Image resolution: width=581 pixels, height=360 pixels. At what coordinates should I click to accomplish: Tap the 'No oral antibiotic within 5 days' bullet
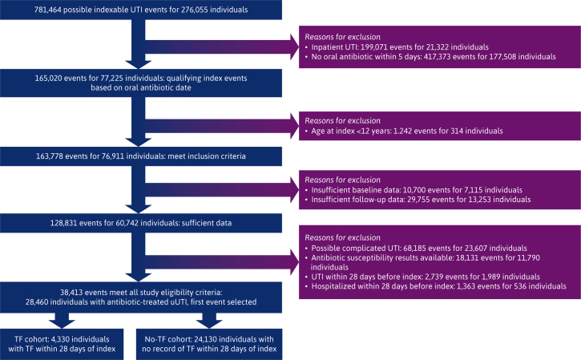point(433,57)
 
